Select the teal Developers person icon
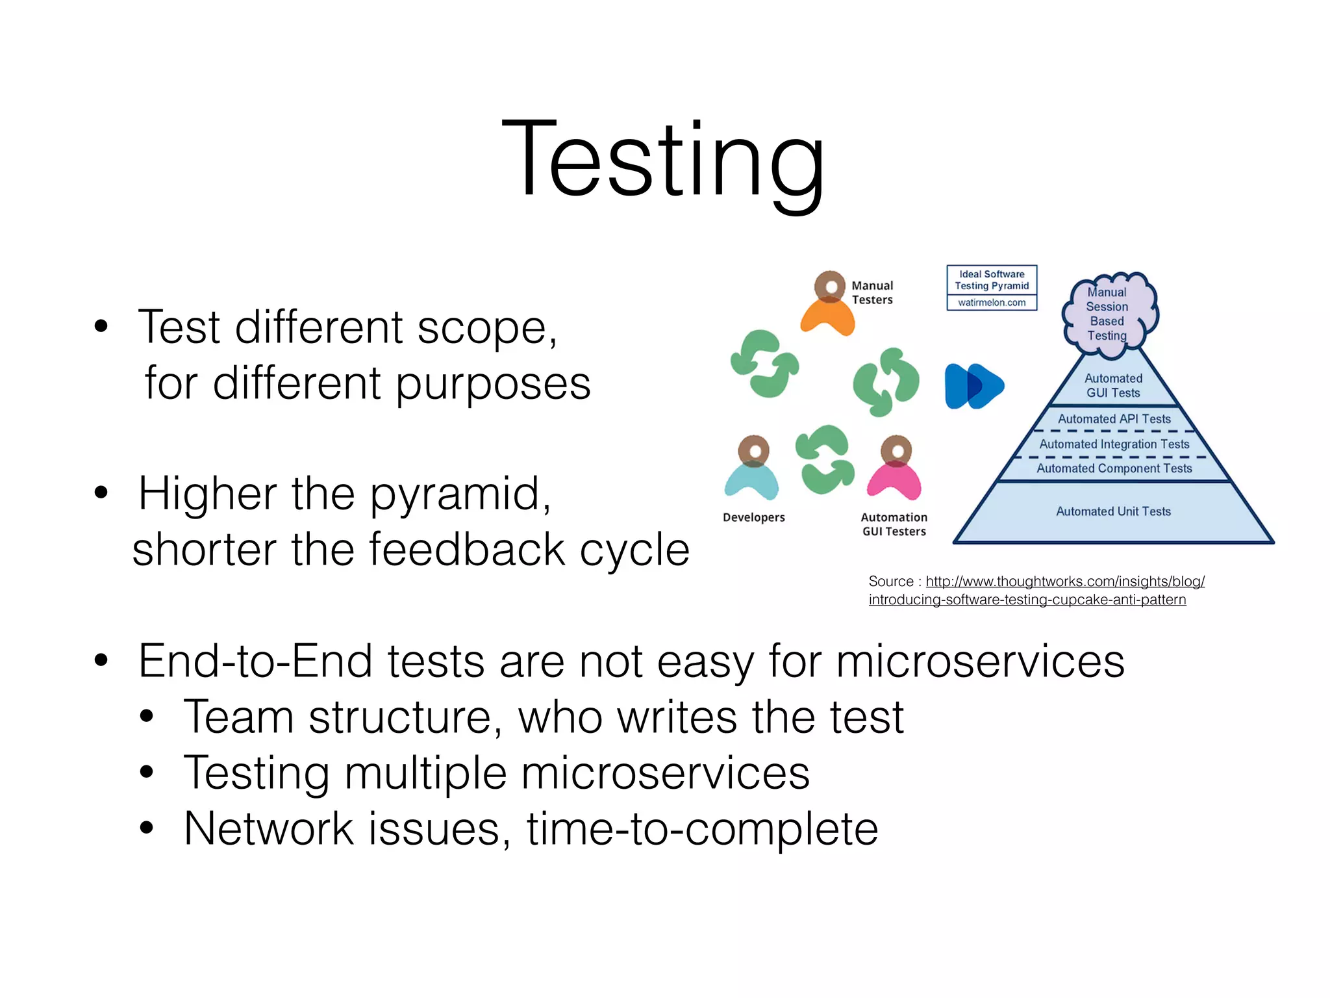[752, 468]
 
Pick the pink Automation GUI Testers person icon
[895, 468]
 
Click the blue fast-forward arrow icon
[973, 386]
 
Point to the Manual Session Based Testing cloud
[1109, 314]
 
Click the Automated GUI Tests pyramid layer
[1113, 385]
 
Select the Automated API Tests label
[1114, 419]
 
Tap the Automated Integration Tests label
[1114, 444]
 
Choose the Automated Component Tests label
[1114, 468]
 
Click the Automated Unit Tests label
[1113, 511]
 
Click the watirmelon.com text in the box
[992, 303]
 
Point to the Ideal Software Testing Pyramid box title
[992, 280]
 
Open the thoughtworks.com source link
[1065, 582]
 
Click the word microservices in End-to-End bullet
[980, 661]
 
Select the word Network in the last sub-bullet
[269, 829]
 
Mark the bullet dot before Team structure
[147, 717]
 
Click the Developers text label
[754, 517]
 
